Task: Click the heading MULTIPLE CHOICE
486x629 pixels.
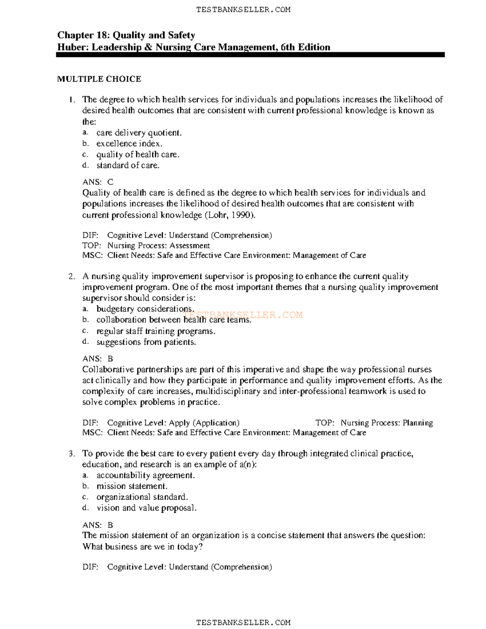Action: point(99,79)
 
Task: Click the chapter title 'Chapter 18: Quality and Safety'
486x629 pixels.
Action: point(126,35)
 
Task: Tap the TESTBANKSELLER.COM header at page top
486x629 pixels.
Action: point(243,9)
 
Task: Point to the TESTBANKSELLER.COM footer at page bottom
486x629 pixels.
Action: point(243,623)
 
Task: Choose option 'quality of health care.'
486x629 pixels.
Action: point(138,154)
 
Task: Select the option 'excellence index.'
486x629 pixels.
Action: point(129,143)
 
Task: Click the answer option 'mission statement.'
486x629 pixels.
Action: point(132,486)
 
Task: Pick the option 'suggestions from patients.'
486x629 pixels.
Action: point(146,342)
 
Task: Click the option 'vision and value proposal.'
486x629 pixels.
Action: point(146,508)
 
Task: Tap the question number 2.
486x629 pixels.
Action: point(72,276)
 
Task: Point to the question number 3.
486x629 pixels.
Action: point(72,454)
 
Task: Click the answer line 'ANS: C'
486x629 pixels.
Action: point(98,182)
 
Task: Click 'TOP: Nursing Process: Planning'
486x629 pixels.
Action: point(374,423)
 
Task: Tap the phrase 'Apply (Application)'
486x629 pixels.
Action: point(204,423)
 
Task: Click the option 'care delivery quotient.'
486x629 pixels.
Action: point(139,132)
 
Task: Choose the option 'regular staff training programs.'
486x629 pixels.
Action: point(156,331)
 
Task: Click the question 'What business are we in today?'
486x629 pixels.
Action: point(143,546)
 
